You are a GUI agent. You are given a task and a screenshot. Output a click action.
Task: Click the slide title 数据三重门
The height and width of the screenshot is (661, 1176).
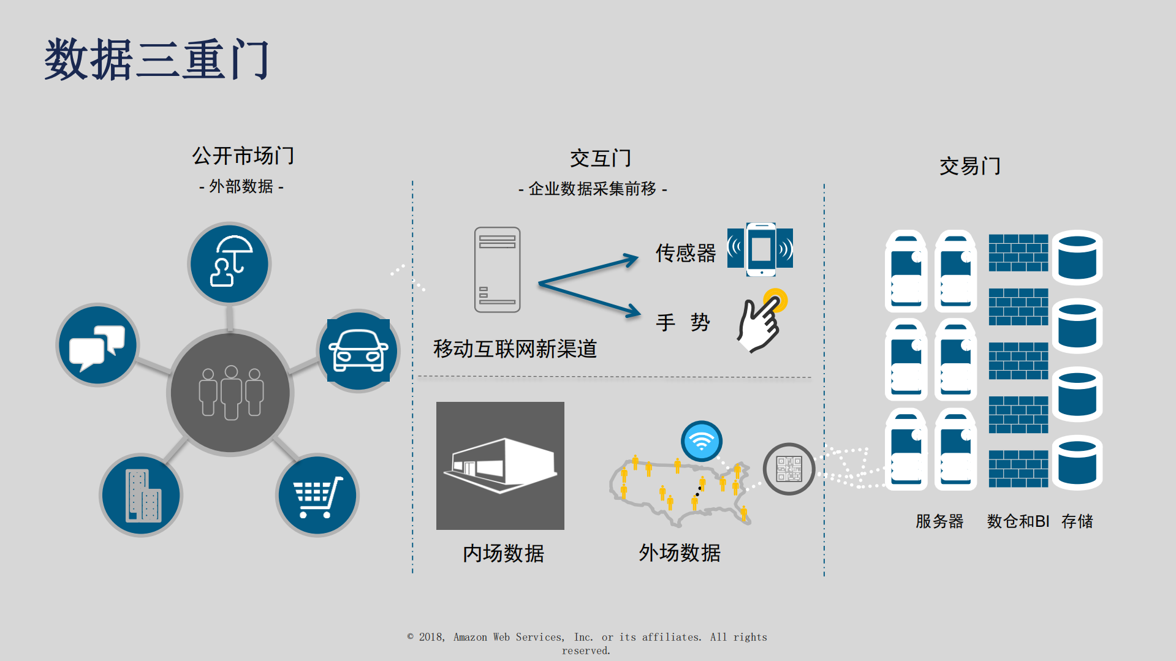click(157, 60)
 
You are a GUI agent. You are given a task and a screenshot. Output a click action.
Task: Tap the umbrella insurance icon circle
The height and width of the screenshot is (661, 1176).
click(229, 263)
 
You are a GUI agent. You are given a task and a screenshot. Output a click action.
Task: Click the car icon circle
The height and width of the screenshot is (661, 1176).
click(358, 350)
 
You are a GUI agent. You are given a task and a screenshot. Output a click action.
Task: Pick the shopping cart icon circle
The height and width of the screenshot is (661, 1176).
click(317, 495)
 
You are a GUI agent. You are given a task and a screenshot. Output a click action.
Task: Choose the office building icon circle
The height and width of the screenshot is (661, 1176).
click(142, 495)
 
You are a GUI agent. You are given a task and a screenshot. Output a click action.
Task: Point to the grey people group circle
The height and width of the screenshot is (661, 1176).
click(230, 393)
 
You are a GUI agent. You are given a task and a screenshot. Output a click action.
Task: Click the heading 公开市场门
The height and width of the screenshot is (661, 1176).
click(243, 156)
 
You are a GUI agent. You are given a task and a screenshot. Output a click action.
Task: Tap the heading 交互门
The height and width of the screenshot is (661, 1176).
click(600, 159)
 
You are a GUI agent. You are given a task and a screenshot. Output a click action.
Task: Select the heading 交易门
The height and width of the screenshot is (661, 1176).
click(969, 166)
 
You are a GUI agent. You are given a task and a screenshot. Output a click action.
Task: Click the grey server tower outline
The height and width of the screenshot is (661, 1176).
click(497, 270)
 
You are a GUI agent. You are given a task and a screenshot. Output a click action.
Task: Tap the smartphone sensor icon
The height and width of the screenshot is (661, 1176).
click(760, 249)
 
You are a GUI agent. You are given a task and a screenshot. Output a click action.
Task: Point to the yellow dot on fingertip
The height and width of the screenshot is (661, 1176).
click(775, 300)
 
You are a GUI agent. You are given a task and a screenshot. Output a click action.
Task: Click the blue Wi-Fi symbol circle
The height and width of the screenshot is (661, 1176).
click(702, 441)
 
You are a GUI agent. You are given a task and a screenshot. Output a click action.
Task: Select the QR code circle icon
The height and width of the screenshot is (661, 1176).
click(789, 469)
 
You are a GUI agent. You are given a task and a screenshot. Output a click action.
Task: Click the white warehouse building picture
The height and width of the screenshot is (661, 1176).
click(500, 466)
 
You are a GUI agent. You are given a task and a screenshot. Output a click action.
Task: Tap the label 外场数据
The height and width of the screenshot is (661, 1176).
click(680, 553)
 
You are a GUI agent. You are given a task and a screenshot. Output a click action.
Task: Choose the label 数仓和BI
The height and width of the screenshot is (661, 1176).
click(1018, 521)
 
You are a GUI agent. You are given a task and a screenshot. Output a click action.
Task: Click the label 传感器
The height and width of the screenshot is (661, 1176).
click(685, 253)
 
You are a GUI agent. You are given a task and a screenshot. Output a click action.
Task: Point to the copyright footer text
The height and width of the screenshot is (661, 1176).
click(586, 643)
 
